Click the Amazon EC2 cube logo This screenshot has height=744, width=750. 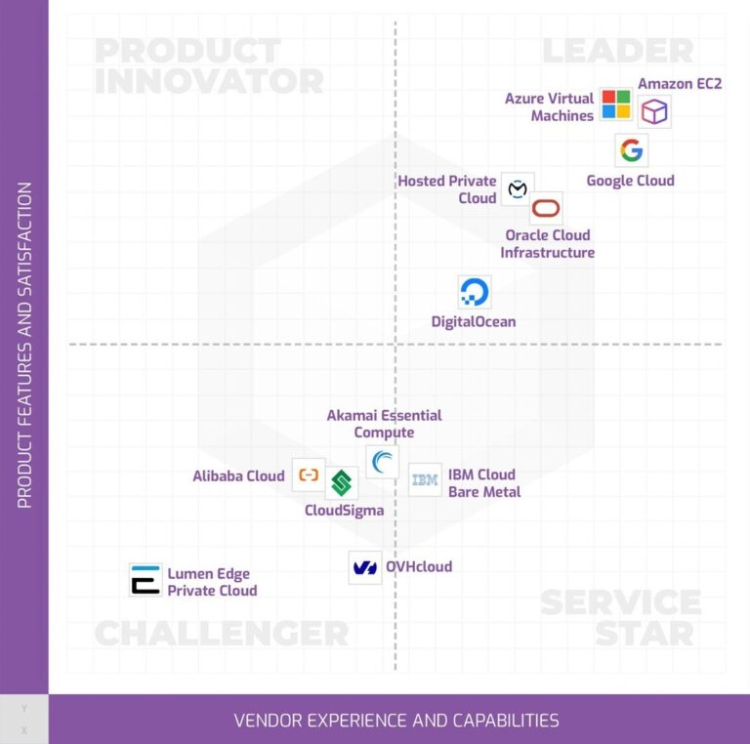[654, 112]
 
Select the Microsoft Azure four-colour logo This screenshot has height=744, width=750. [616, 103]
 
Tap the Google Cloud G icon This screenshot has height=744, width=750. [631, 150]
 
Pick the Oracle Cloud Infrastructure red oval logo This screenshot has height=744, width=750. [546, 209]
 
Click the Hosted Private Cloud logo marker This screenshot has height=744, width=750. [518, 188]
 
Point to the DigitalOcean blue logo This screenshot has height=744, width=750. [475, 292]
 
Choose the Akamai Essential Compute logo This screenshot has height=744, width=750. [383, 461]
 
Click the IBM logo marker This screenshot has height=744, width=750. [425, 479]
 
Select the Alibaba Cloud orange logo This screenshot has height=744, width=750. [309, 475]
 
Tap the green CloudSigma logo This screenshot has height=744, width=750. [341, 482]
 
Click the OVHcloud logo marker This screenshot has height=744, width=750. [365, 567]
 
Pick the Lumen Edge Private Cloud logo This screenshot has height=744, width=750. [146, 580]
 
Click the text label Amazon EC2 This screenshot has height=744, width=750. [680, 84]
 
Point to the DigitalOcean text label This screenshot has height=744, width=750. [474, 322]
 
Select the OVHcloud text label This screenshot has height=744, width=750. [419, 566]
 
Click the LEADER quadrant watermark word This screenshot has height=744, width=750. [617, 51]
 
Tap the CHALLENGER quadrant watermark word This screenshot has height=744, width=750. [221, 633]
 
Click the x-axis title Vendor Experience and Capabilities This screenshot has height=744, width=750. [396, 721]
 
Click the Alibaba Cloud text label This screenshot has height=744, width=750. [238, 476]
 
